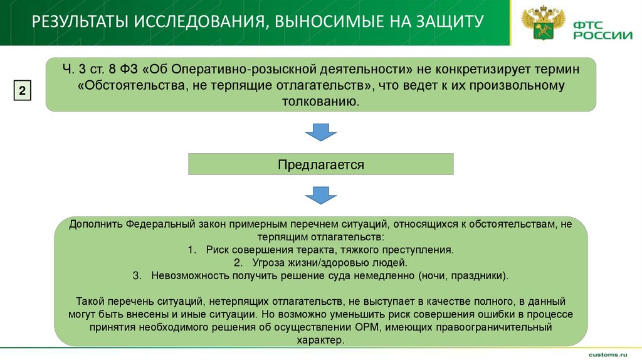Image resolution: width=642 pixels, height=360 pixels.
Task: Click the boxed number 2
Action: point(22,90)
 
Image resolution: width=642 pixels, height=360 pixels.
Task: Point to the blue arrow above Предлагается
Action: point(320,132)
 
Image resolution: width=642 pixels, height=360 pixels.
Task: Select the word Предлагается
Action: point(321,165)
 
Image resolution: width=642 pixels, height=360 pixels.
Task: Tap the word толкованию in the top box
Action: point(320,101)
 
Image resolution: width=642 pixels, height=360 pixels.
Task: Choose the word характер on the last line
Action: point(320,340)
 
